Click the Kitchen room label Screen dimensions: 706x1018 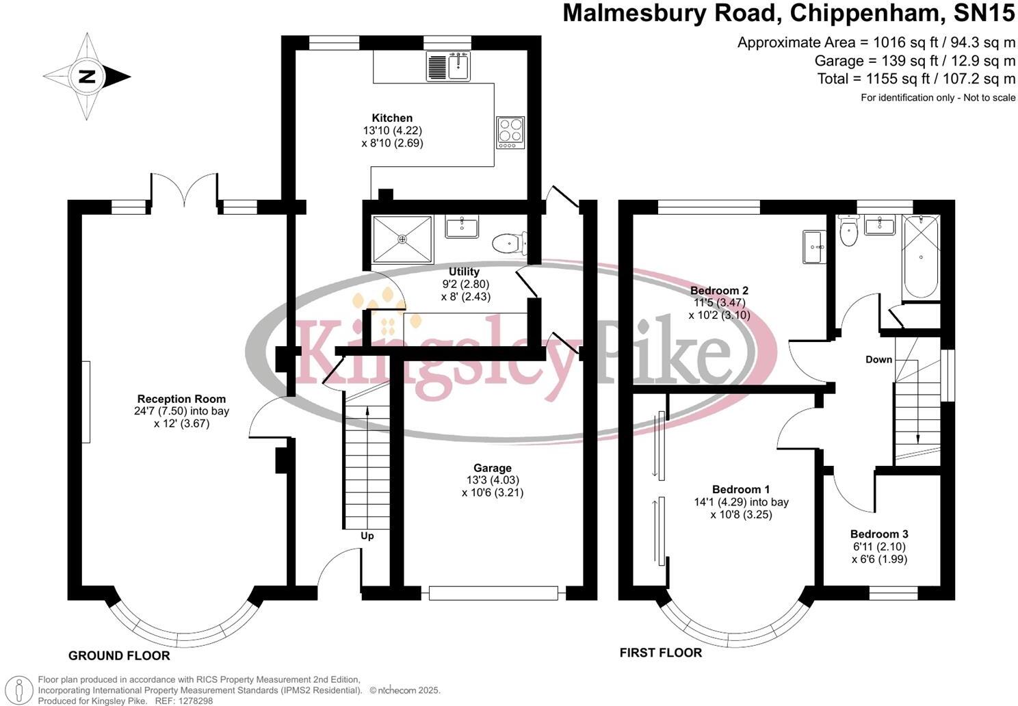point(392,118)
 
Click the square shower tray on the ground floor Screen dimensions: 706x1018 point(402,239)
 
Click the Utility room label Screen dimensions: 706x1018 point(464,272)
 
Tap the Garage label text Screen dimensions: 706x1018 point(492,468)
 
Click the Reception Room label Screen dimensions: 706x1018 point(181,399)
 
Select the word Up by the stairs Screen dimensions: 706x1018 point(367,536)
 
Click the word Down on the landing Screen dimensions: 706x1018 point(878,359)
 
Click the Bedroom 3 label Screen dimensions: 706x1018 point(879,534)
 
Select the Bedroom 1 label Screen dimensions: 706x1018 point(741,490)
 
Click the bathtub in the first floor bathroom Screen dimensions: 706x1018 point(921,257)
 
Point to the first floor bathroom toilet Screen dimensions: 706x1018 point(849,232)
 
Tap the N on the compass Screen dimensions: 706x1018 point(86,77)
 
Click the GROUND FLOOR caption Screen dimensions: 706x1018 point(119,656)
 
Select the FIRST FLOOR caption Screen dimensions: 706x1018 point(660,653)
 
